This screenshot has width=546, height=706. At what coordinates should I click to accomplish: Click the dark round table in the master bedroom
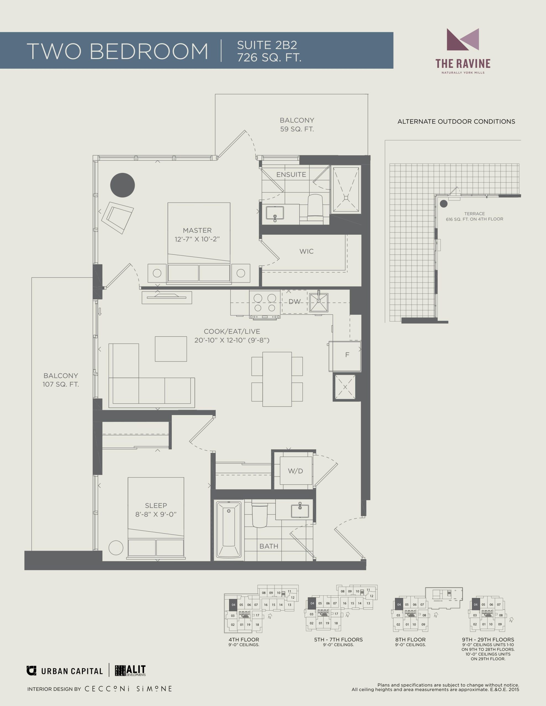(122, 185)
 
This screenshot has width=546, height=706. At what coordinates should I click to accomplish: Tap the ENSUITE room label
(291, 175)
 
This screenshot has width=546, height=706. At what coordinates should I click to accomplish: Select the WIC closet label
(306, 251)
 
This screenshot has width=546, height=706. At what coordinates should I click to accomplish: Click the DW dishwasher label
(294, 302)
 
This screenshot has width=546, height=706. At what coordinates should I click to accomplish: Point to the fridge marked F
(345, 356)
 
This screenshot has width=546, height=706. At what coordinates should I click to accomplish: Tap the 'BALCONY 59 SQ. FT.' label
(297, 124)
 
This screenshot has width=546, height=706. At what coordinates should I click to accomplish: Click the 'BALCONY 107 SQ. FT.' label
(61, 380)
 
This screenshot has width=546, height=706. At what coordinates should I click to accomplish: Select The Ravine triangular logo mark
(462, 39)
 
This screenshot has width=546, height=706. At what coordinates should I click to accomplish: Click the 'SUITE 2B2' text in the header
(267, 45)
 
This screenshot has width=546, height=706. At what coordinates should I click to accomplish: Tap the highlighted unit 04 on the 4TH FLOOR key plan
(233, 605)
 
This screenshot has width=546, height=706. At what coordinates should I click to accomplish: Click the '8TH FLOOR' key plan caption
(410, 640)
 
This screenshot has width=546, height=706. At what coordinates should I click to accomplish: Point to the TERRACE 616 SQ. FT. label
(475, 216)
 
